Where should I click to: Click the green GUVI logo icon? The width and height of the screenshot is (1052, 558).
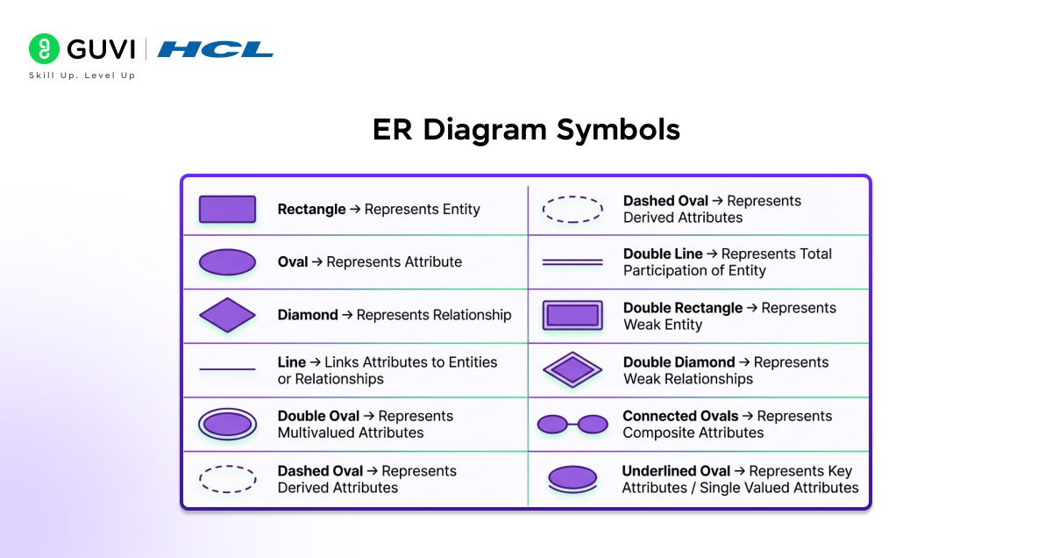point(44,49)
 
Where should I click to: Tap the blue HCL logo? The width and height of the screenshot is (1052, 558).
point(215,49)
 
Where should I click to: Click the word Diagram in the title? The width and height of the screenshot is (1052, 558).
point(489,130)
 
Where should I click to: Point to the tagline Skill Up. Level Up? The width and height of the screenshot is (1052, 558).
point(82,76)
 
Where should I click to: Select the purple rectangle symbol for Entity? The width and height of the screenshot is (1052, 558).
point(227,210)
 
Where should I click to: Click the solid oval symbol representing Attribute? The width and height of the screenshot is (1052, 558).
point(227,262)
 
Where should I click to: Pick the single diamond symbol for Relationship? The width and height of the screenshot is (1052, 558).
point(227,315)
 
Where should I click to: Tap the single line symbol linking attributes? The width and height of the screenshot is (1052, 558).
point(227,370)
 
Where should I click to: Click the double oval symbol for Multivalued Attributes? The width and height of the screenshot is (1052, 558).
point(227,425)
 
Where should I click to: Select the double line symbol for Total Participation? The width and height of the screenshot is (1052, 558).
point(572,262)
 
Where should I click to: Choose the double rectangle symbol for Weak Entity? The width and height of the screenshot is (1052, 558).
point(572,316)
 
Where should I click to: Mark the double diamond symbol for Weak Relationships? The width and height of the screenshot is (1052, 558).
point(572,370)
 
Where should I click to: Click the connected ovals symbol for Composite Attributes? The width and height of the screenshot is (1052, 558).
point(572,425)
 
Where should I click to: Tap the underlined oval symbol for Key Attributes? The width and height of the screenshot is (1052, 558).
point(572,477)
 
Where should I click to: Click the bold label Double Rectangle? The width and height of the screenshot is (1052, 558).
point(683,308)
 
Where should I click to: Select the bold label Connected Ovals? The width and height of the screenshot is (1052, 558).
point(680,416)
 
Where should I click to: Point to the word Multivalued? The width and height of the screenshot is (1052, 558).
point(316,433)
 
